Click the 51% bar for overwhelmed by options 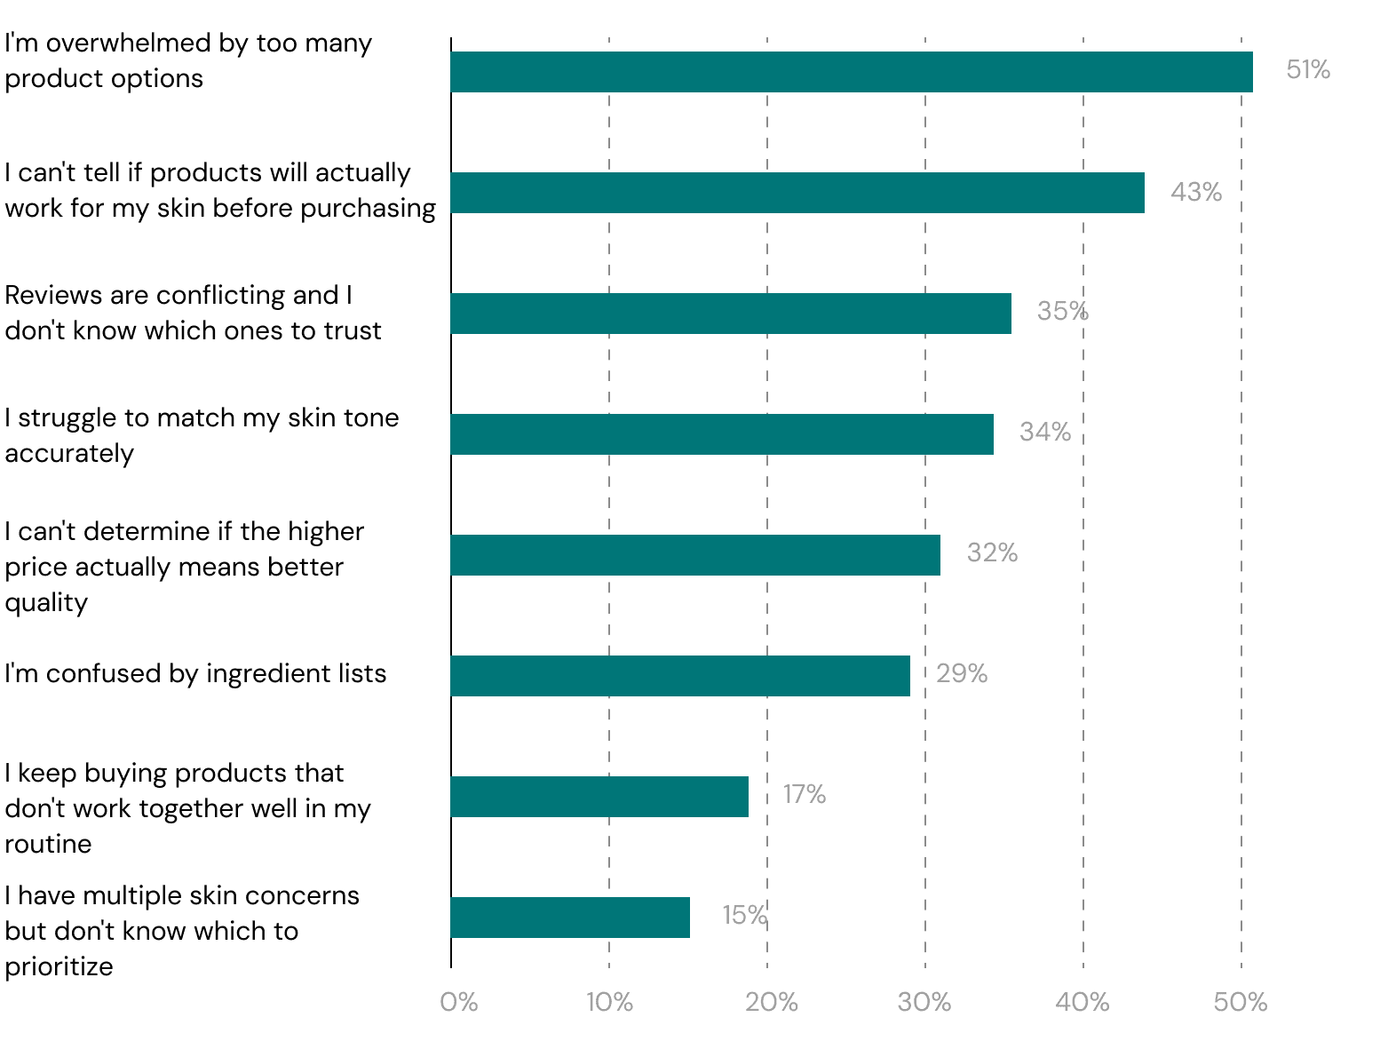pyautogui.click(x=851, y=72)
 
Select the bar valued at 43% pyautogui.click(x=797, y=193)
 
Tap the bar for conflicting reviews pyautogui.click(x=731, y=314)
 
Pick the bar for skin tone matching pyautogui.click(x=722, y=434)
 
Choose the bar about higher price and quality pyautogui.click(x=695, y=555)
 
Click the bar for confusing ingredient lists pyautogui.click(x=680, y=676)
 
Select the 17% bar pyautogui.click(x=599, y=797)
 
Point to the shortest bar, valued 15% pyautogui.click(x=570, y=918)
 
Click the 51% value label pyautogui.click(x=1308, y=69)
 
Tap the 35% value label pyautogui.click(x=1062, y=311)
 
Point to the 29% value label pyautogui.click(x=961, y=673)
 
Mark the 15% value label pyautogui.click(x=745, y=915)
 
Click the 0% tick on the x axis pyautogui.click(x=459, y=1003)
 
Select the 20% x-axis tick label pyautogui.click(x=772, y=1003)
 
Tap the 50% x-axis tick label pyautogui.click(x=1241, y=1003)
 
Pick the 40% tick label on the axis pyautogui.click(x=1083, y=1003)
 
